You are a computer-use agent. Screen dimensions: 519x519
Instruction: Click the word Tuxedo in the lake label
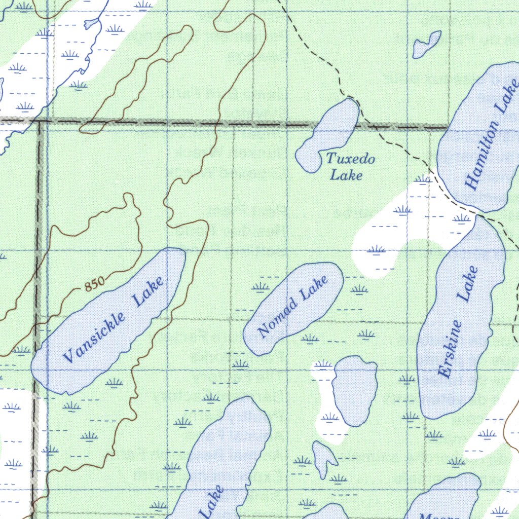(x=350, y=159)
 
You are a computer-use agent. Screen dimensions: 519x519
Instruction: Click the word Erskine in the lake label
(x=451, y=349)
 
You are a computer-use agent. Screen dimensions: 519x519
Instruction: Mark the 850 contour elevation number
(x=94, y=285)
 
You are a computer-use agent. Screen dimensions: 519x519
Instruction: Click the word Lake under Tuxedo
(x=346, y=175)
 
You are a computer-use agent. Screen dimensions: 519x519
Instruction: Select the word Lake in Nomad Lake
(x=314, y=287)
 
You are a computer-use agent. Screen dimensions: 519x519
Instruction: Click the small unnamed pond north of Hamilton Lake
(x=426, y=44)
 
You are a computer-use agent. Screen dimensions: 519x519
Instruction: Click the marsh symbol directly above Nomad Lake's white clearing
(x=376, y=249)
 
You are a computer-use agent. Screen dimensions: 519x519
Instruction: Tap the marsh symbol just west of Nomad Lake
(x=261, y=287)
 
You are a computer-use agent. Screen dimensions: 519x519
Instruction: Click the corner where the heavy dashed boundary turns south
(x=40, y=122)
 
